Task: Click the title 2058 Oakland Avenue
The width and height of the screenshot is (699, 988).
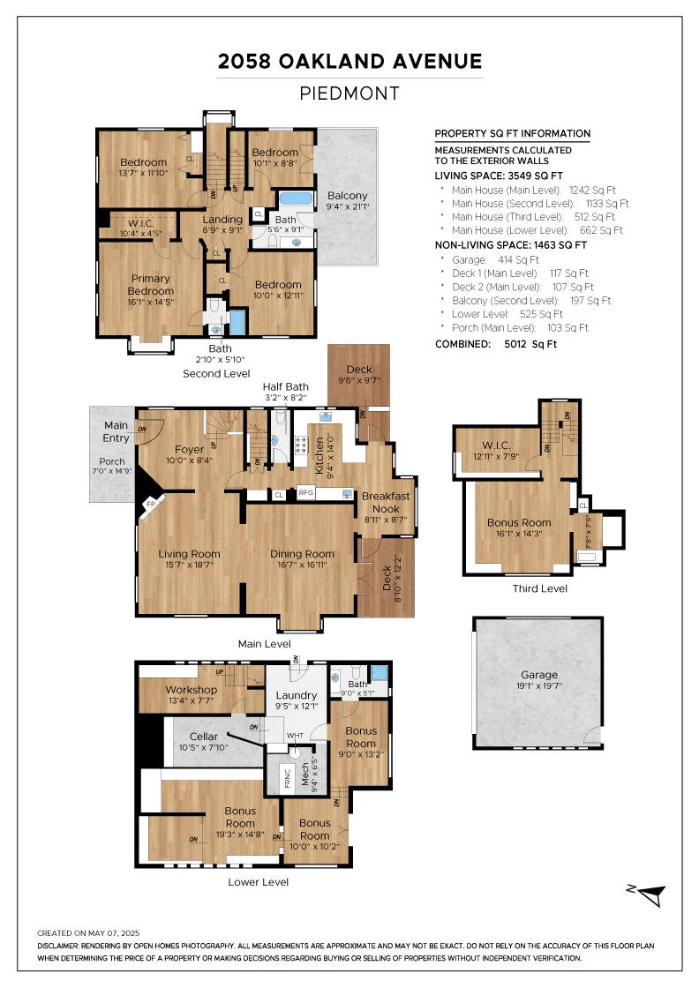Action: [349, 61]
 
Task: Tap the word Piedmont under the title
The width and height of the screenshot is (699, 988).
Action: [349, 94]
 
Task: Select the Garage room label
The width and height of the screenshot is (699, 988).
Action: [539, 675]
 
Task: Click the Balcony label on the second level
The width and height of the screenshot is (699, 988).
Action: [348, 196]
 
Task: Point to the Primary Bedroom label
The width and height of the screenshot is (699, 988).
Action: [151, 285]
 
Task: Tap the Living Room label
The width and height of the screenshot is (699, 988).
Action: [189, 554]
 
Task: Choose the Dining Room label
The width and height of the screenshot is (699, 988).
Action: [302, 554]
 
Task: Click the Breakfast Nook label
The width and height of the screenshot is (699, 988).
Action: [386, 502]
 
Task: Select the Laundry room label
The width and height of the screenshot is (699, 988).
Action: [297, 696]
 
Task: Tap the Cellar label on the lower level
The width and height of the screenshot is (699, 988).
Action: [204, 737]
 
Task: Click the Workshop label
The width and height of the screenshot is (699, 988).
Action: [192, 690]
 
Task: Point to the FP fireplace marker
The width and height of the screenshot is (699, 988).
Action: [151, 505]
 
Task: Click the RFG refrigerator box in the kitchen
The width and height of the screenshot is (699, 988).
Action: [305, 493]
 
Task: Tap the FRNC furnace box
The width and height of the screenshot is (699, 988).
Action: [288, 778]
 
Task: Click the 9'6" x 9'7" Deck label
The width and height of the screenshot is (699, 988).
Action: [359, 380]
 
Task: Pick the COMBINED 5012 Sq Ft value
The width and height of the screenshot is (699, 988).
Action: [530, 344]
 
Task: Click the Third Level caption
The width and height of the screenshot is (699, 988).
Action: [539, 588]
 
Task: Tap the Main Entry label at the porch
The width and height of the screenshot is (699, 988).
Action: [116, 431]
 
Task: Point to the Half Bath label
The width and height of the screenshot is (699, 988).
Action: [286, 387]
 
